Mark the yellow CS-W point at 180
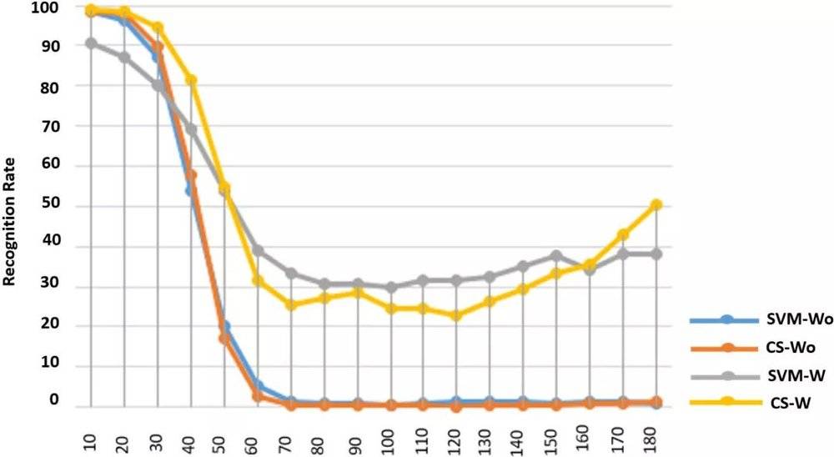click(656, 204)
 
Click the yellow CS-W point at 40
click(191, 80)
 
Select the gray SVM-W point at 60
click(258, 250)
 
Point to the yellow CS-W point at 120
click(456, 315)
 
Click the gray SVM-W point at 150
click(556, 255)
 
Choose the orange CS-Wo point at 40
click(191, 175)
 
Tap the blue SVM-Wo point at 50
click(224, 326)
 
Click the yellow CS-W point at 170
click(622, 234)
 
